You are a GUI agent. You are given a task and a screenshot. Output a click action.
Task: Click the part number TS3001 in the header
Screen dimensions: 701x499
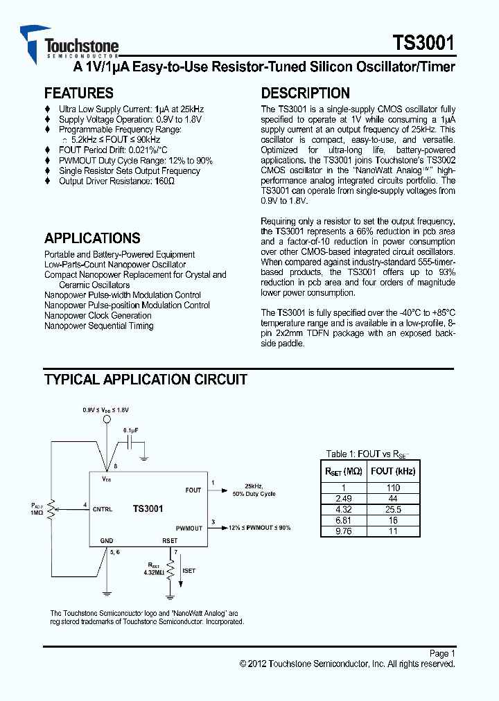click(424, 44)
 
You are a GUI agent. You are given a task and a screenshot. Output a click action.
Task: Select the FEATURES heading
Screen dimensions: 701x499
click(78, 93)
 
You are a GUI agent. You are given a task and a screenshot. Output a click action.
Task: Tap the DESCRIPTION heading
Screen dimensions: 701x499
click(305, 93)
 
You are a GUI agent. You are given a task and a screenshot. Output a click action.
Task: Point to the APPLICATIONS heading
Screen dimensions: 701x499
click(92, 238)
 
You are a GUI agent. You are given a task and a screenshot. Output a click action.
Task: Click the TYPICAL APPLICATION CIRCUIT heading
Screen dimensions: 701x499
click(146, 380)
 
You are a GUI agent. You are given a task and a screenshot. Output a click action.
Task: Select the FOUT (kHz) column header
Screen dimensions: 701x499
click(393, 471)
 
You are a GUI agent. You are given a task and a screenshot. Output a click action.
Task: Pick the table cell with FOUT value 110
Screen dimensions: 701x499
click(393, 488)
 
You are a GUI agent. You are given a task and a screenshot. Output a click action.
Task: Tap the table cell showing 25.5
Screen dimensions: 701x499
click(393, 509)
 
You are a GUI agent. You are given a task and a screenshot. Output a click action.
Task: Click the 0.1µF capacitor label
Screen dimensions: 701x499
click(131, 430)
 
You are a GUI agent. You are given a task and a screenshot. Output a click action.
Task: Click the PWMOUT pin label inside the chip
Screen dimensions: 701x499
click(189, 528)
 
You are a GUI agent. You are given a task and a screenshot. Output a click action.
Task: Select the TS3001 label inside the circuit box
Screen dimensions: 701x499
click(148, 509)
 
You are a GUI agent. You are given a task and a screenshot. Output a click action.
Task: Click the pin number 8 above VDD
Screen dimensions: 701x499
click(115, 466)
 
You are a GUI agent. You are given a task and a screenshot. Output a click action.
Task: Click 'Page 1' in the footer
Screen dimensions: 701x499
click(442, 653)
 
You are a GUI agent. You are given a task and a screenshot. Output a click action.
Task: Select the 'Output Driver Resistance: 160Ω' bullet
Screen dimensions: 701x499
click(116, 181)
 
